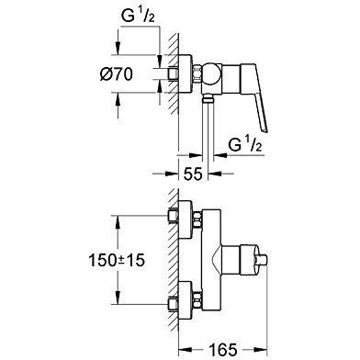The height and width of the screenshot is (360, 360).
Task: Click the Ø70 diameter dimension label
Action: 117,74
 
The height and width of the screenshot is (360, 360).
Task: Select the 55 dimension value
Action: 193,174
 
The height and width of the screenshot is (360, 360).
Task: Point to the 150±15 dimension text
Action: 117,261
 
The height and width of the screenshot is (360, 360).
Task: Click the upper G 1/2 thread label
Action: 138,16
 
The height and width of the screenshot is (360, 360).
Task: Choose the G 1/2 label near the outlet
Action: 245,144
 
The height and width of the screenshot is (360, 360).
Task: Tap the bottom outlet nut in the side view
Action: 208,98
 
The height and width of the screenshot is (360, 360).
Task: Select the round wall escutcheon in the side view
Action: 186,74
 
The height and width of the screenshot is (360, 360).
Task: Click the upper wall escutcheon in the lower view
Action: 186,219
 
